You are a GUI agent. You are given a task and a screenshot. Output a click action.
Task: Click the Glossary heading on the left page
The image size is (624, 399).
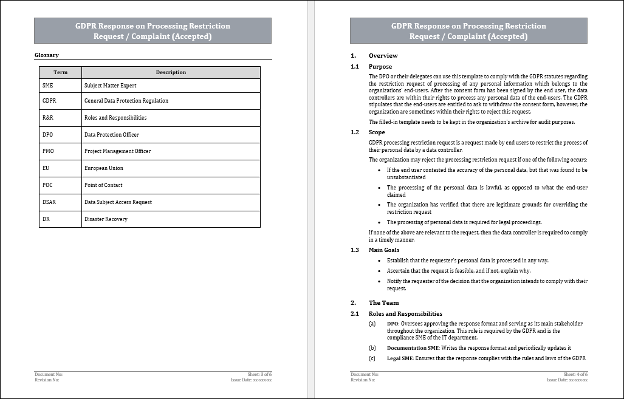click(47, 55)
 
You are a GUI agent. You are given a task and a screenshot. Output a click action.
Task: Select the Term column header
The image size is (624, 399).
click(60, 72)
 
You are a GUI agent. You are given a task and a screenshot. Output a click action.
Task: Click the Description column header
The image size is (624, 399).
click(171, 72)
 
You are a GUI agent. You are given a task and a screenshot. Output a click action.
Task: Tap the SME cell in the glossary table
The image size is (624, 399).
click(48, 86)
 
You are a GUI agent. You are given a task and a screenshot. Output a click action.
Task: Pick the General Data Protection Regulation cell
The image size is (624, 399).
click(126, 101)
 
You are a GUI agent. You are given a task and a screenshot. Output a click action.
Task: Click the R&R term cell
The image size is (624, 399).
click(49, 118)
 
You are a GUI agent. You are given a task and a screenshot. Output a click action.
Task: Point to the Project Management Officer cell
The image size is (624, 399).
click(117, 151)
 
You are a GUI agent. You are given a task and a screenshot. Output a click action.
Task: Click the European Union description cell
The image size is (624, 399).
click(103, 168)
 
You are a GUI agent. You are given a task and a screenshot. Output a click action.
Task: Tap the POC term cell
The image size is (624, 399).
click(48, 185)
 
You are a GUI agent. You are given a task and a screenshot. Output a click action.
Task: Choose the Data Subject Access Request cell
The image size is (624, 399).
click(118, 202)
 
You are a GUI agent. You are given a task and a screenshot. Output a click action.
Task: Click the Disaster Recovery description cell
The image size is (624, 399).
click(106, 219)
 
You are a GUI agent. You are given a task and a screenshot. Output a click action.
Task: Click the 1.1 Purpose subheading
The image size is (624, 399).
click(380, 67)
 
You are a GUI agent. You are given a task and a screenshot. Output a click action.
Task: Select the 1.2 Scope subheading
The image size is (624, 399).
click(376, 132)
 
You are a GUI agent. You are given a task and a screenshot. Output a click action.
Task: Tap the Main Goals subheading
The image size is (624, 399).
click(383, 250)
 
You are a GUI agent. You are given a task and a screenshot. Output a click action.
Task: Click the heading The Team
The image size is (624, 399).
click(383, 302)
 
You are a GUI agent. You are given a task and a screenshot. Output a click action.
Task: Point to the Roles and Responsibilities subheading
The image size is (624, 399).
click(405, 314)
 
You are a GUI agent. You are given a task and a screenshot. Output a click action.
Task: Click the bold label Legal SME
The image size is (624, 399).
click(400, 358)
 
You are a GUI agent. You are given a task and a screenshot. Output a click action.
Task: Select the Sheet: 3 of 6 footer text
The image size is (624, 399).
click(258, 375)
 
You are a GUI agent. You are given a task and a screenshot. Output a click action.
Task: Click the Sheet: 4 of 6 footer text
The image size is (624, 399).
click(575, 375)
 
